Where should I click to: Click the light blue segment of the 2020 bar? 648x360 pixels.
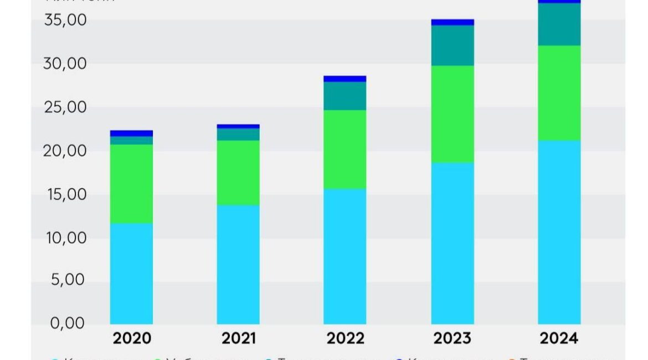131,274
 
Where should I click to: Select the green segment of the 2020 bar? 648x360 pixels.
131,183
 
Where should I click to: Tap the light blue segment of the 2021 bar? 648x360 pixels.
238,265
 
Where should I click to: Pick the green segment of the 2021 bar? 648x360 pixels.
238,173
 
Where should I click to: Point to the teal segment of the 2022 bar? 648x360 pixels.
345,96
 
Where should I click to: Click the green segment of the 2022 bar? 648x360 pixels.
345,150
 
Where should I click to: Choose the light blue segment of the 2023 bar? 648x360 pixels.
452,243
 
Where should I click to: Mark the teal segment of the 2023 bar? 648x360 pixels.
452,45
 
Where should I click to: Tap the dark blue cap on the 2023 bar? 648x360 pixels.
452,22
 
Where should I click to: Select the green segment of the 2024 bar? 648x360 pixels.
559,93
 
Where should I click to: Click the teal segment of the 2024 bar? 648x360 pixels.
559,24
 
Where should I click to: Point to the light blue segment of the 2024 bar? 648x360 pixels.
559,232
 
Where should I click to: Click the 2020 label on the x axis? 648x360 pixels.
131,338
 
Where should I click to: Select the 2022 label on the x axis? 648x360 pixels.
345,338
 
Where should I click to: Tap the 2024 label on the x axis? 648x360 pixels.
559,338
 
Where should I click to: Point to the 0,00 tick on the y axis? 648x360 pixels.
68,323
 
